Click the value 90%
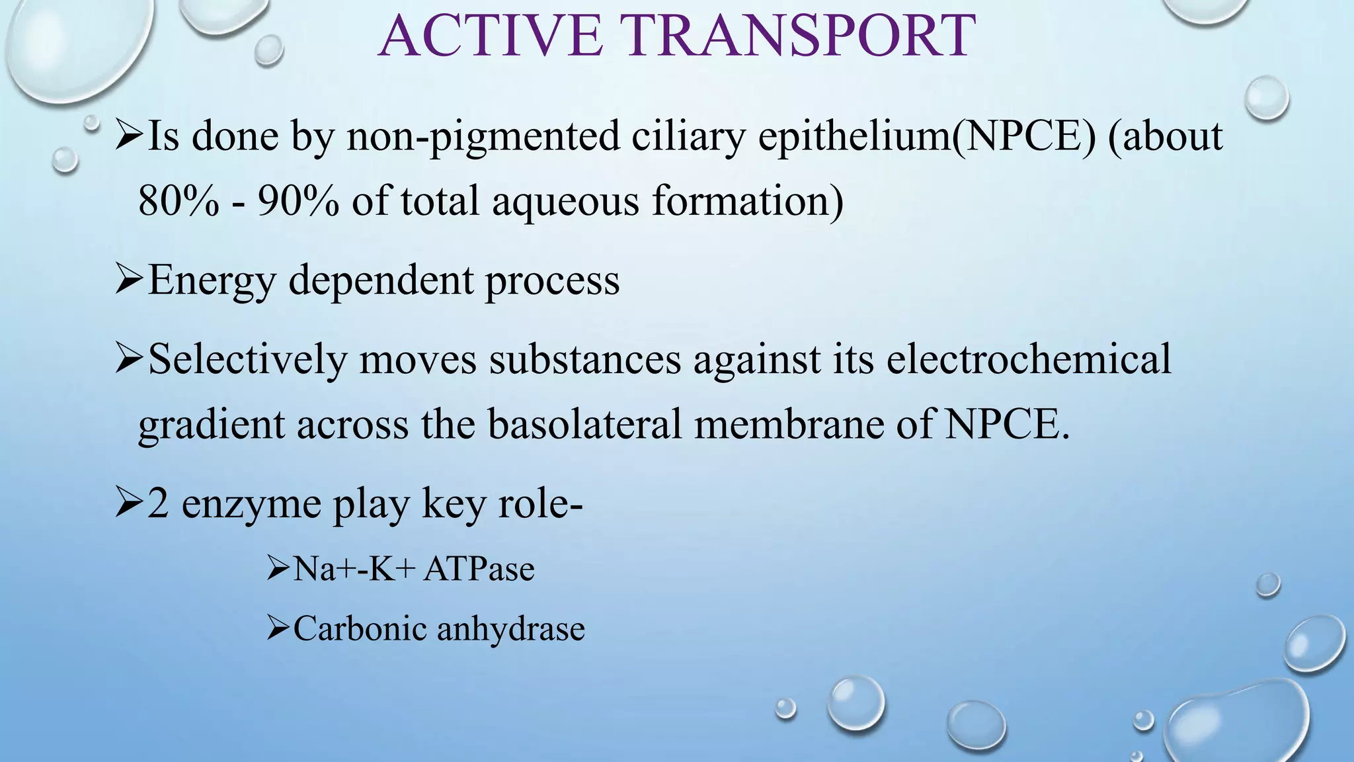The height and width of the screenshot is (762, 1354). (x=298, y=201)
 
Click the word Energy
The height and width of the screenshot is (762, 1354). (x=212, y=280)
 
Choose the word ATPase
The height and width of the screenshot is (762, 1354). (x=479, y=569)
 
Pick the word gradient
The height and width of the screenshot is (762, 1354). (x=212, y=425)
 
